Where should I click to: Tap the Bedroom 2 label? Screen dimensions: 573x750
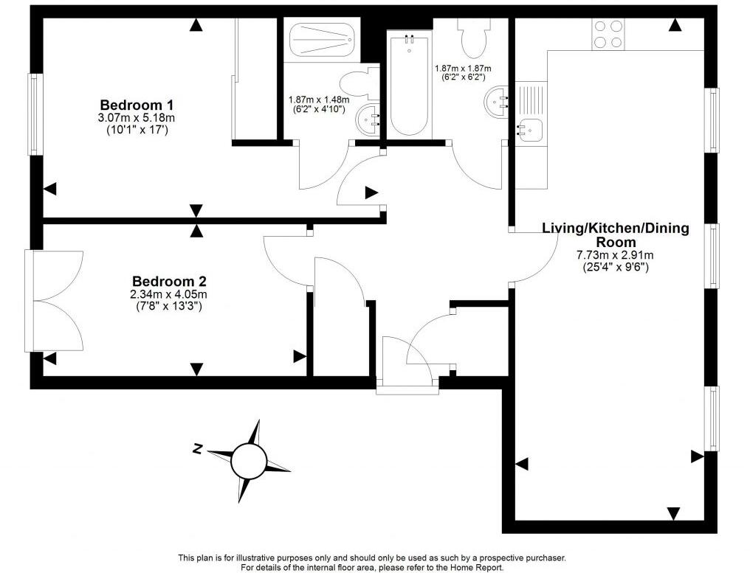[x=169, y=281]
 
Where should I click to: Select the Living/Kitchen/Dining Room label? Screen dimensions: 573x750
[x=616, y=235]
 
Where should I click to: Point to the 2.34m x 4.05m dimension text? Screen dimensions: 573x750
[x=169, y=294]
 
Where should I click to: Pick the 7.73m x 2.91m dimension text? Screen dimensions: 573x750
[x=616, y=255]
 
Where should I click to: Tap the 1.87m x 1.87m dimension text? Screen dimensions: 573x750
[x=463, y=69]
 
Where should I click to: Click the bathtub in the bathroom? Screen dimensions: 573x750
[x=408, y=84]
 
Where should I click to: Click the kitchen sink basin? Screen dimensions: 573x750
[x=529, y=130]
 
